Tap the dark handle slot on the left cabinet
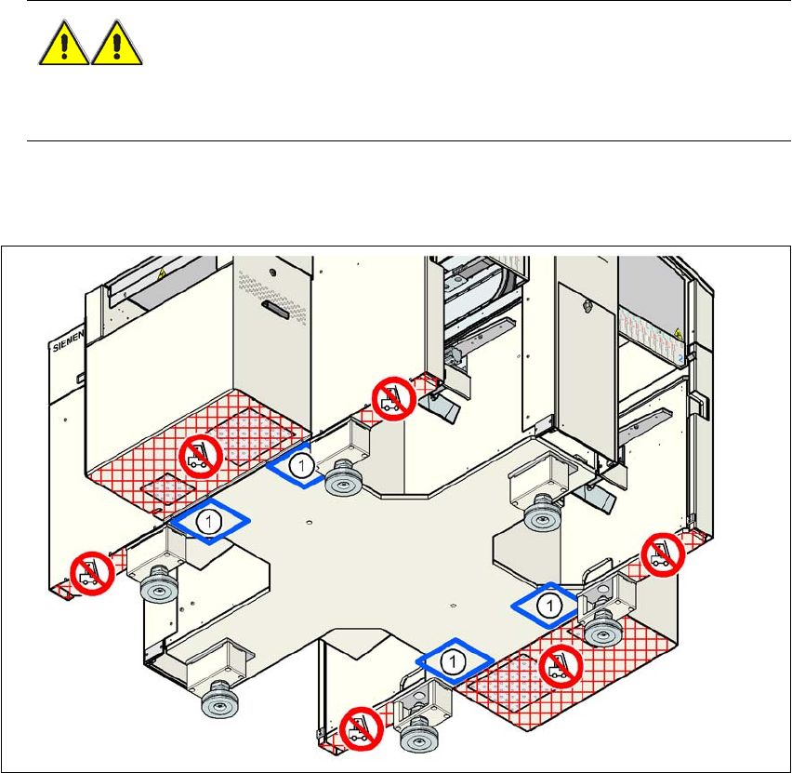276,308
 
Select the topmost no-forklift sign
391,398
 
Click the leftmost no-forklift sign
91,573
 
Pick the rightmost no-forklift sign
664,555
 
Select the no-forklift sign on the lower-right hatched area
561,664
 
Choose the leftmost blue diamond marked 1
210,523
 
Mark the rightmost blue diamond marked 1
549,605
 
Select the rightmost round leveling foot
602,632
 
